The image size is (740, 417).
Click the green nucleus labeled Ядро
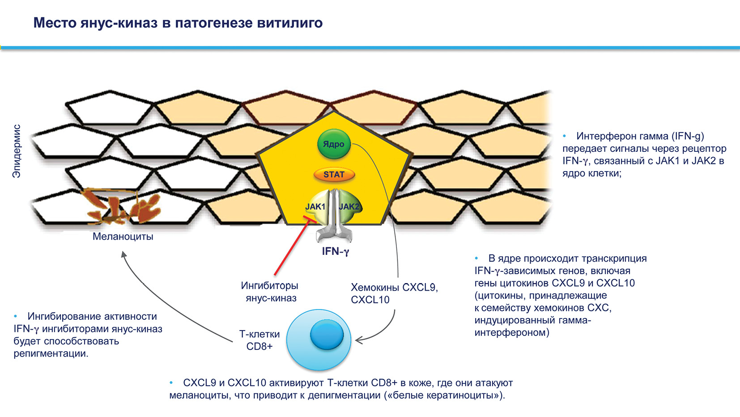pyautogui.click(x=334, y=144)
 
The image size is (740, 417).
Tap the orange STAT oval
pyautogui.click(x=334, y=175)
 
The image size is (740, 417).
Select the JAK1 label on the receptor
pyautogui.click(x=315, y=206)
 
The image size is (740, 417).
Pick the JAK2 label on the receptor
pyautogui.click(x=349, y=206)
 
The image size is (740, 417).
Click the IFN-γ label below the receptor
pyautogui.click(x=335, y=251)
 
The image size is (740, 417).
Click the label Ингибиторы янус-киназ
pyautogui.click(x=270, y=292)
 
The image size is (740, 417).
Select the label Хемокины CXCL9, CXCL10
pyautogui.click(x=394, y=293)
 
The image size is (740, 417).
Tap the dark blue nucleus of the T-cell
pyautogui.click(x=327, y=334)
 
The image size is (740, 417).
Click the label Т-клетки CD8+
pyautogui.click(x=259, y=340)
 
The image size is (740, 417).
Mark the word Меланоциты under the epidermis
pyautogui.click(x=123, y=236)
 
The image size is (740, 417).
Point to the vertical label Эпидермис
pyautogui.click(x=17, y=151)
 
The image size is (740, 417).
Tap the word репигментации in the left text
pyautogui.click(x=50, y=353)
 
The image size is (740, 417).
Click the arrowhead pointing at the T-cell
pyautogui.click(x=358, y=341)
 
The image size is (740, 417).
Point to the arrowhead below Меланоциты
pyautogui.click(x=124, y=254)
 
